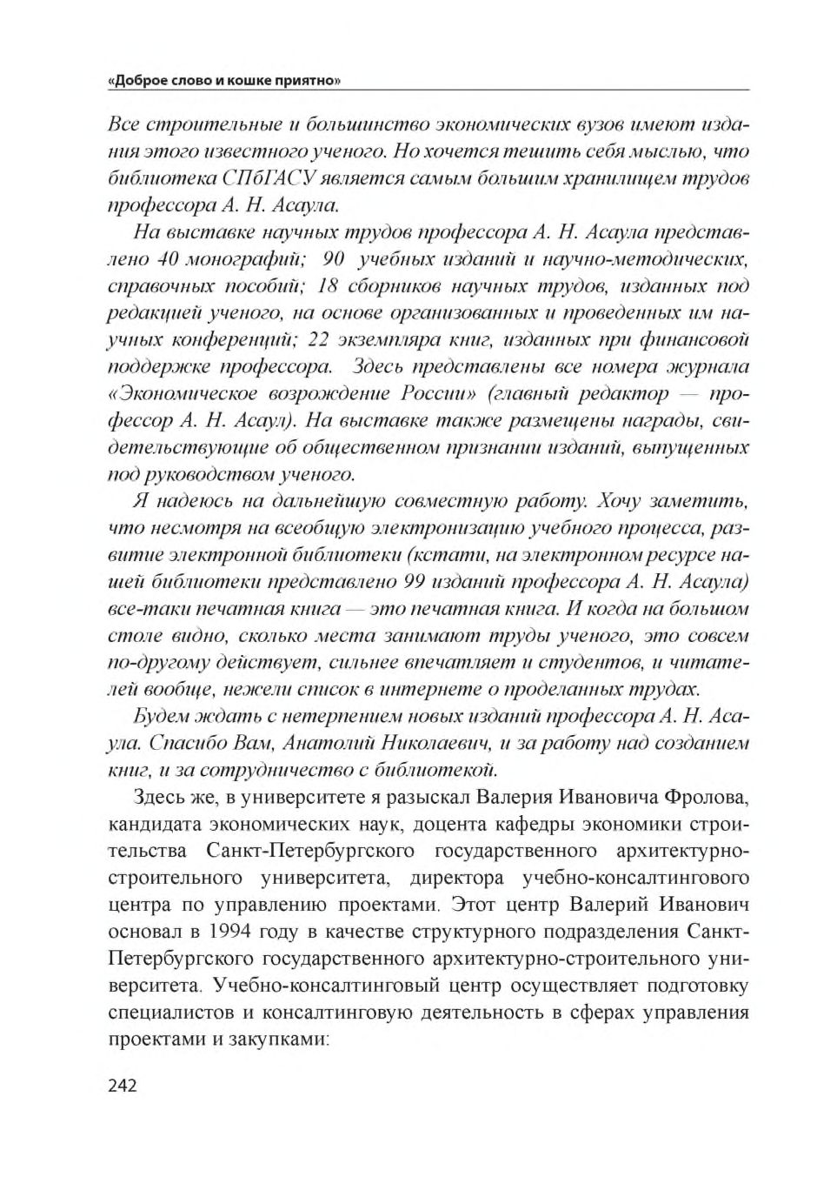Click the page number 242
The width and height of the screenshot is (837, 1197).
pos(123,1086)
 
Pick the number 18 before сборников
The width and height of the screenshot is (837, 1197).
pos(327,286)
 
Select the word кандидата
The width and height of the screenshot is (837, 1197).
pos(154,824)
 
